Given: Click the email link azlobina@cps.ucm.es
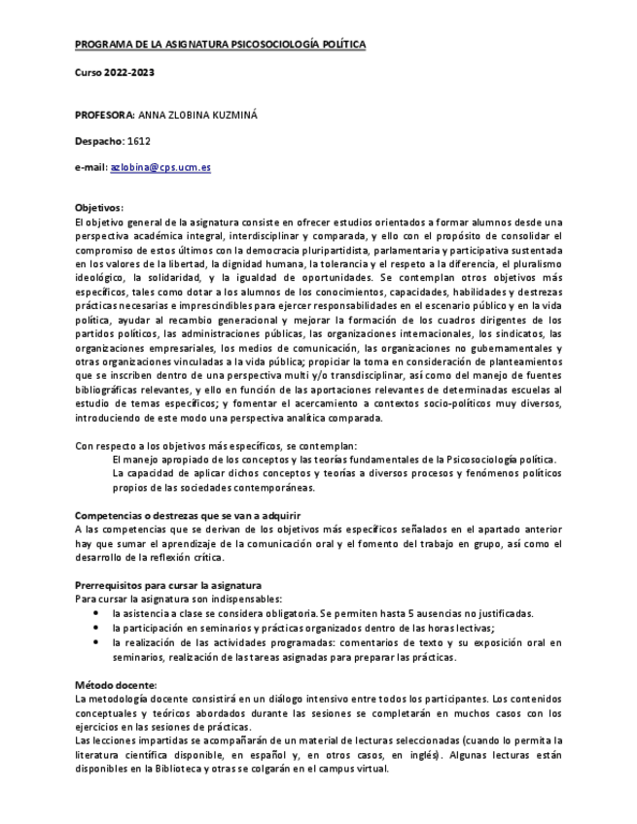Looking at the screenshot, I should [160, 167].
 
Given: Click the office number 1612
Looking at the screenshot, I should [139, 141].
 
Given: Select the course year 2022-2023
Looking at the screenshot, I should [129, 72].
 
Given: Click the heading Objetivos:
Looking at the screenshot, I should [99, 208].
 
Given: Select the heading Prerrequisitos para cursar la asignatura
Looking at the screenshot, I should [168, 585].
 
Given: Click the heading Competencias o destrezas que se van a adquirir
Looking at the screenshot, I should [188, 515].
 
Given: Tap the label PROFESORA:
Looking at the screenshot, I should [105, 115].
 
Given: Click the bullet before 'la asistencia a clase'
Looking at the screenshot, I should [95, 614].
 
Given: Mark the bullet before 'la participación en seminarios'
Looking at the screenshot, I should [95, 629].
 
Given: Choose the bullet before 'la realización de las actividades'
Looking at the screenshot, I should [95, 643].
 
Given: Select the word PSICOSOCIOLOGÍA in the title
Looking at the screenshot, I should [263, 45].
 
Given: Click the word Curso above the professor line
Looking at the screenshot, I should [89, 72].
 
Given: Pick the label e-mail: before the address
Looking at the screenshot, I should [90, 167].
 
